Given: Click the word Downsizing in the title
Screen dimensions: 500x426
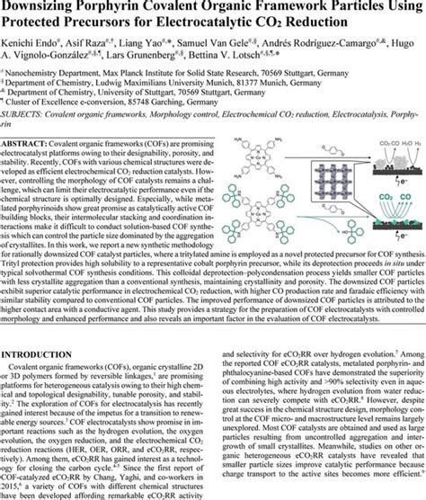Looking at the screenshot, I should pos(45,7).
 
